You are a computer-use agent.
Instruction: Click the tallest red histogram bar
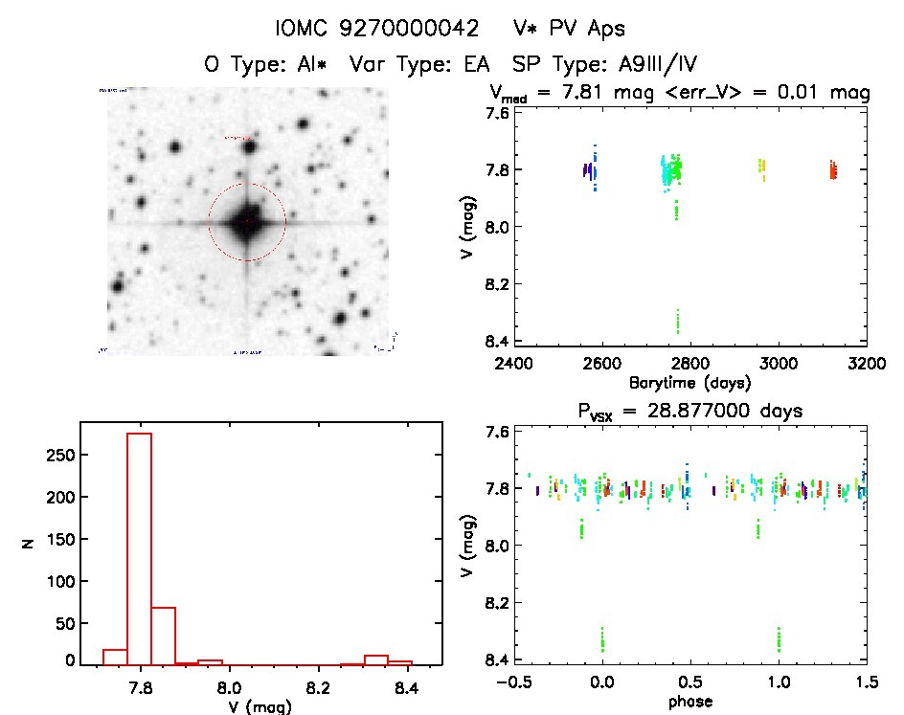tap(139, 547)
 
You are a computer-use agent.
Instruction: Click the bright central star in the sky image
tap(246, 222)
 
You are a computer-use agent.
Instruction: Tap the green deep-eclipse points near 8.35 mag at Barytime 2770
tap(678, 321)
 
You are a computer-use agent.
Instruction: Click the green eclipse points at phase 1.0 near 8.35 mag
tap(779, 638)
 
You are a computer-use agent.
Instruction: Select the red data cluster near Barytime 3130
tap(833, 171)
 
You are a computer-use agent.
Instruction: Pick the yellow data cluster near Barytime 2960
tap(762, 168)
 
